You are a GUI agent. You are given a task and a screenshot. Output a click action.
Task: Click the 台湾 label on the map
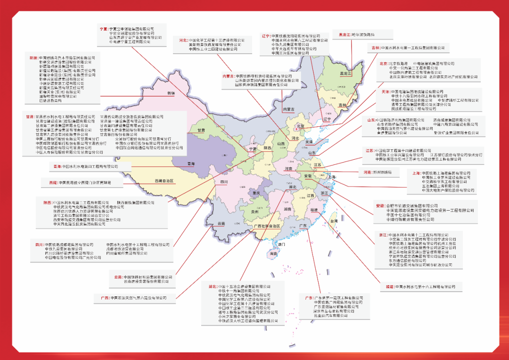pyautogui.click(x=333, y=221)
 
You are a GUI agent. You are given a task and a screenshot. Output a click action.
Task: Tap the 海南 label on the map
pyautogui.click(x=274, y=254)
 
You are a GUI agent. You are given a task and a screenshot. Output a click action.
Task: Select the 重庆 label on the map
pyautogui.click(x=256, y=193)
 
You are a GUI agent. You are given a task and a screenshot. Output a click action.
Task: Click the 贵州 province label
pyautogui.click(x=254, y=213)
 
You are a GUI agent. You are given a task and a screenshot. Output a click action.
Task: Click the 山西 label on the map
pyautogui.click(x=281, y=144)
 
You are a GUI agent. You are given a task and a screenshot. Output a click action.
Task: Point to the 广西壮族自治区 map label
pyautogui.click(x=267, y=226)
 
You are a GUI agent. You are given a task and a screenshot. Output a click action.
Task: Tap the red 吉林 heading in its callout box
pyautogui.click(x=376, y=48)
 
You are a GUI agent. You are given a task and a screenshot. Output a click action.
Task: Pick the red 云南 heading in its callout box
pyautogui.click(x=116, y=277)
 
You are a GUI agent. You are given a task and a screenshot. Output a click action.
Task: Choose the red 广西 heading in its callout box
pyautogui.click(x=105, y=298)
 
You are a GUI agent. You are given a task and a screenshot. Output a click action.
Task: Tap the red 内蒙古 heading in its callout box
pyautogui.click(x=229, y=76)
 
